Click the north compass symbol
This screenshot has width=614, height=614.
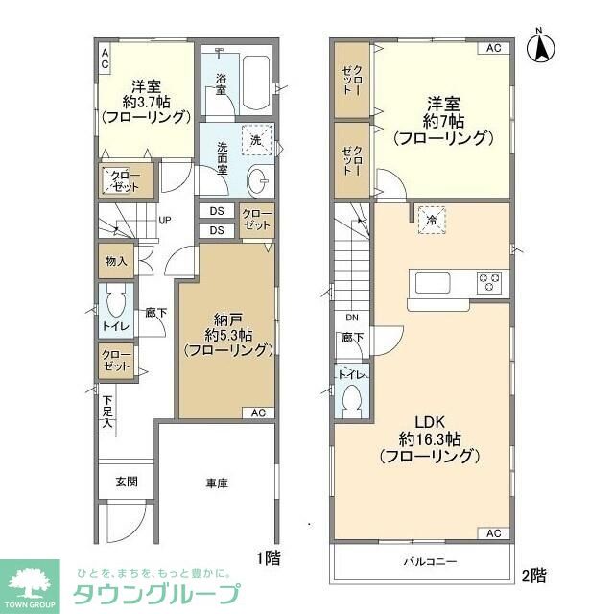coord(541,49)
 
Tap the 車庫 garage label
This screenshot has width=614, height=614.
coord(216,484)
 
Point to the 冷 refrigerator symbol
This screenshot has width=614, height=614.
coord(432,220)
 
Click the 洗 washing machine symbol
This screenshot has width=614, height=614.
coord(256,140)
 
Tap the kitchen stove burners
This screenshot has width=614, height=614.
coord(490,283)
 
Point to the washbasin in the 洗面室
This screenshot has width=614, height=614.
coord(258,179)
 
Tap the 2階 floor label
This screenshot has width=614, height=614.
coord(532,576)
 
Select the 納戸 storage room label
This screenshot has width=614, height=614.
coord(226,320)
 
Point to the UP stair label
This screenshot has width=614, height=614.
coord(165,220)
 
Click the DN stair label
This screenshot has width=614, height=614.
coord(351,317)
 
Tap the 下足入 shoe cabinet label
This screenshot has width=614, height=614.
coord(108,412)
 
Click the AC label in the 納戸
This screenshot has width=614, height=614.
coord(258,413)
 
